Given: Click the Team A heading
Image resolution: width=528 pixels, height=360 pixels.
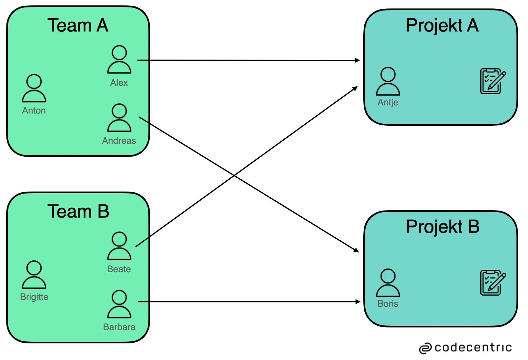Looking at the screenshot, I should pyautogui.click(x=78, y=25).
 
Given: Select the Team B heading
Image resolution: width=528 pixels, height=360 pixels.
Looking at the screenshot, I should pyautogui.click(x=78, y=211).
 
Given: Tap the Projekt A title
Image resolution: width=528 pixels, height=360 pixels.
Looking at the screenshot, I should pyautogui.click(x=442, y=25).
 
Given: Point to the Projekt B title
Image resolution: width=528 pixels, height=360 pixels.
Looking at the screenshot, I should pyautogui.click(x=443, y=227).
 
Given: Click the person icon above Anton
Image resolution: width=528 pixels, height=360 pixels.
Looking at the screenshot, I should pyautogui.click(x=34, y=89).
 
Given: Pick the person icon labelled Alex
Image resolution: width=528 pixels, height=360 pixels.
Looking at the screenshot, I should pyautogui.click(x=119, y=60).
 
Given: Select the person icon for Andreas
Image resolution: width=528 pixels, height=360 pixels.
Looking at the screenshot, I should pyautogui.click(x=119, y=118).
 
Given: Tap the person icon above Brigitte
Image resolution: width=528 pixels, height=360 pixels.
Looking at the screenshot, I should pyautogui.click(x=34, y=275).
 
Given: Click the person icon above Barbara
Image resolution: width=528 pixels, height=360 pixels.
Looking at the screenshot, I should pyautogui.click(x=119, y=304).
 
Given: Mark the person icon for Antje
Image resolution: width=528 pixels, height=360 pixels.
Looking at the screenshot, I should pyautogui.click(x=388, y=81).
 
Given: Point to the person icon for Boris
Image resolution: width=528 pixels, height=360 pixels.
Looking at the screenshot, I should pyautogui.click(x=388, y=283).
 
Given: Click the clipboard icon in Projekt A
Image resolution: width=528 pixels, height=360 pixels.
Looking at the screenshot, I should pyautogui.click(x=493, y=81).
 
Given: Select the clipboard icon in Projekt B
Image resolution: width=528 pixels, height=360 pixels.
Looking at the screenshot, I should pyautogui.click(x=493, y=282).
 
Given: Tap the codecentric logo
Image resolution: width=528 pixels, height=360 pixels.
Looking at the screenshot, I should pyautogui.click(x=465, y=348).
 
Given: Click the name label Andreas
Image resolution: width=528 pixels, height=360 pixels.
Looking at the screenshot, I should pyautogui.click(x=119, y=141).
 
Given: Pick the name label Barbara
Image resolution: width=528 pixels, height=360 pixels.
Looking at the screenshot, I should pyautogui.click(x=119, y=327).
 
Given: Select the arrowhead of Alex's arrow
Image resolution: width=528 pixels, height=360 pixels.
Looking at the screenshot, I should pyautogui.click(x=358, y=60).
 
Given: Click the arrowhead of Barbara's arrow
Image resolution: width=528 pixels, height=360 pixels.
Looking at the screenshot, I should pyautogui.click(x=358, y=302).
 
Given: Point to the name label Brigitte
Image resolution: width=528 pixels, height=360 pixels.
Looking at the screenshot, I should pyautogui.click(x=34, y=297).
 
